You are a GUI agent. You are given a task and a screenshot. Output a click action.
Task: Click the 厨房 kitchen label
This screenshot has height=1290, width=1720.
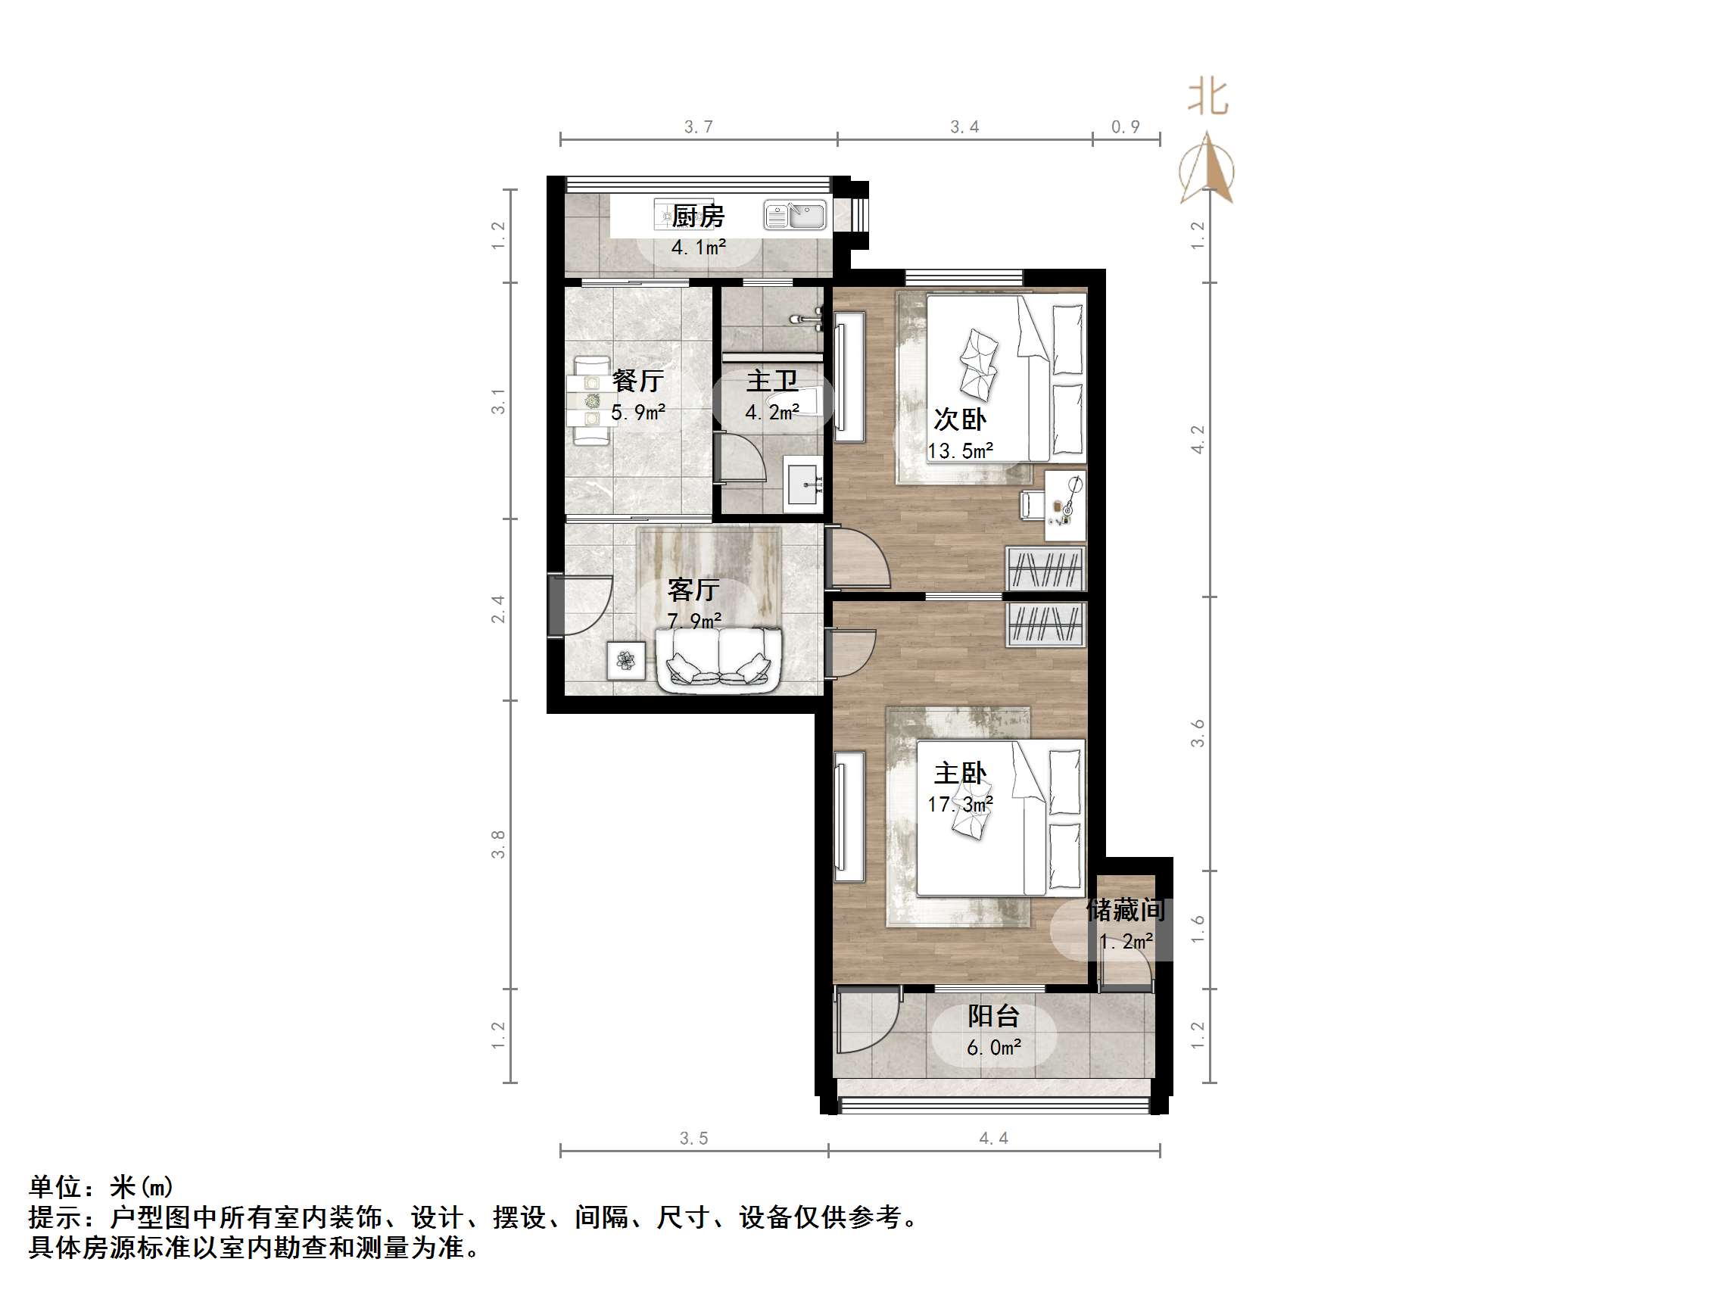[x=697, y=217]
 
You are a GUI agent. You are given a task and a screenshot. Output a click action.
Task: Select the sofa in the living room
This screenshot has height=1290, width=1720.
[x=718, y=659]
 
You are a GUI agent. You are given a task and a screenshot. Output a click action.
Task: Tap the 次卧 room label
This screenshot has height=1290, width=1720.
[x=959, y=420]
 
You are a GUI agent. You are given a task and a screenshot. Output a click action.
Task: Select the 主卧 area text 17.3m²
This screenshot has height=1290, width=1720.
[x=959, y=804]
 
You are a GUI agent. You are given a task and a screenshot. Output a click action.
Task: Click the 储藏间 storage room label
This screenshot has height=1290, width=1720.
[x=1125, y=910]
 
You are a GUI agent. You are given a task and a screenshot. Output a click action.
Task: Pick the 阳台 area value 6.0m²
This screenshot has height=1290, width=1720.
[x=994, y=1049]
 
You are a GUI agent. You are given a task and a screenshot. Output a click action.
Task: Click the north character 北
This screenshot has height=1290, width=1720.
[x=1207, y=98]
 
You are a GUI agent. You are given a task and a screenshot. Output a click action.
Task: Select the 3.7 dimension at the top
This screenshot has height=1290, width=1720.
[x=698, y=126]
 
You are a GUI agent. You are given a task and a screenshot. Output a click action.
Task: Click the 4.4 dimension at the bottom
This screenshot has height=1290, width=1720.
[x=993, y=1139]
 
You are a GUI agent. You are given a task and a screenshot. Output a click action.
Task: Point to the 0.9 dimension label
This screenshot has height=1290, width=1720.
[x=1125, y=126]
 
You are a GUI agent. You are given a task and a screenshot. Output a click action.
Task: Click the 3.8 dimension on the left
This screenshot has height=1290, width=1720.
[x=497, y=844]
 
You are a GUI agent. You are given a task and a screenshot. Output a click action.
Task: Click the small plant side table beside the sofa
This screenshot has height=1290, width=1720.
[x=626, y=660]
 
